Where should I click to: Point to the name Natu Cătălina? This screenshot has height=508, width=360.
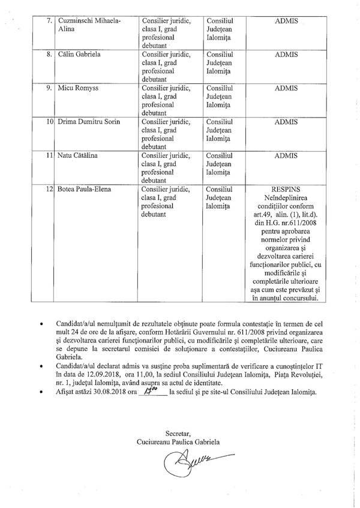(x=79, y=155)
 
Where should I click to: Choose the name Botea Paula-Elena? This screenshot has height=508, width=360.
(x=85, y=189)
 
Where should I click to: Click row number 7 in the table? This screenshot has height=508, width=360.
(x=49, y=21)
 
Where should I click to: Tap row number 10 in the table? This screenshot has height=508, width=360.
(x=50, y=122)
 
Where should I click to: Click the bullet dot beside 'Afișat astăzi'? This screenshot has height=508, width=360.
(x=41, y=393)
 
